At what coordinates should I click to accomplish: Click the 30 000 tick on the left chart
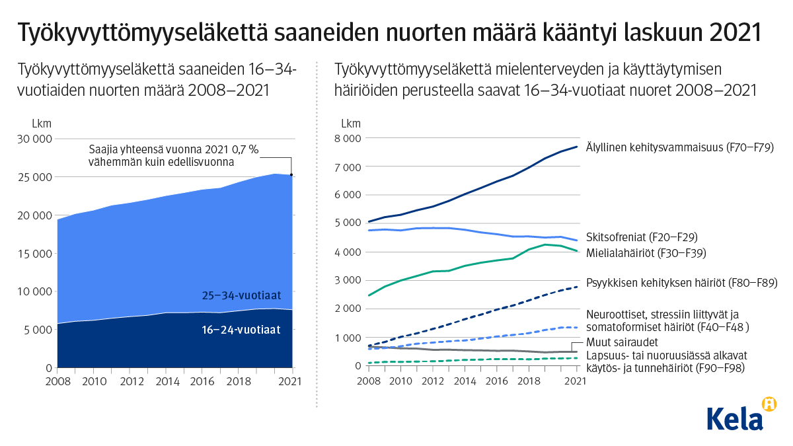(33, 139)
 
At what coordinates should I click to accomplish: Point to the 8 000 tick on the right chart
(347, 139)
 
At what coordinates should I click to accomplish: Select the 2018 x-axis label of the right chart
(527, 381)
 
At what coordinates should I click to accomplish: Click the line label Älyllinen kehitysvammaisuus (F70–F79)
(679, 147)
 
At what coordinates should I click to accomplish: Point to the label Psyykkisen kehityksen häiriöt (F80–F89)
(681, 282)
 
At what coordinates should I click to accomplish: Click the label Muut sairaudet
(622, 342)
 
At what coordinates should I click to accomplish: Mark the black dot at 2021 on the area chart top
(291, 175)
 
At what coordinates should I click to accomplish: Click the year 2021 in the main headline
(735, 31)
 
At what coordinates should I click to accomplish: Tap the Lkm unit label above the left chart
(41, 124)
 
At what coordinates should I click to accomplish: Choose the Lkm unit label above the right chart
(351, 124)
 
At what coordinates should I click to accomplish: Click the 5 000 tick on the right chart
(347, 223)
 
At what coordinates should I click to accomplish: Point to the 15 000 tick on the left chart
(33, 254)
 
